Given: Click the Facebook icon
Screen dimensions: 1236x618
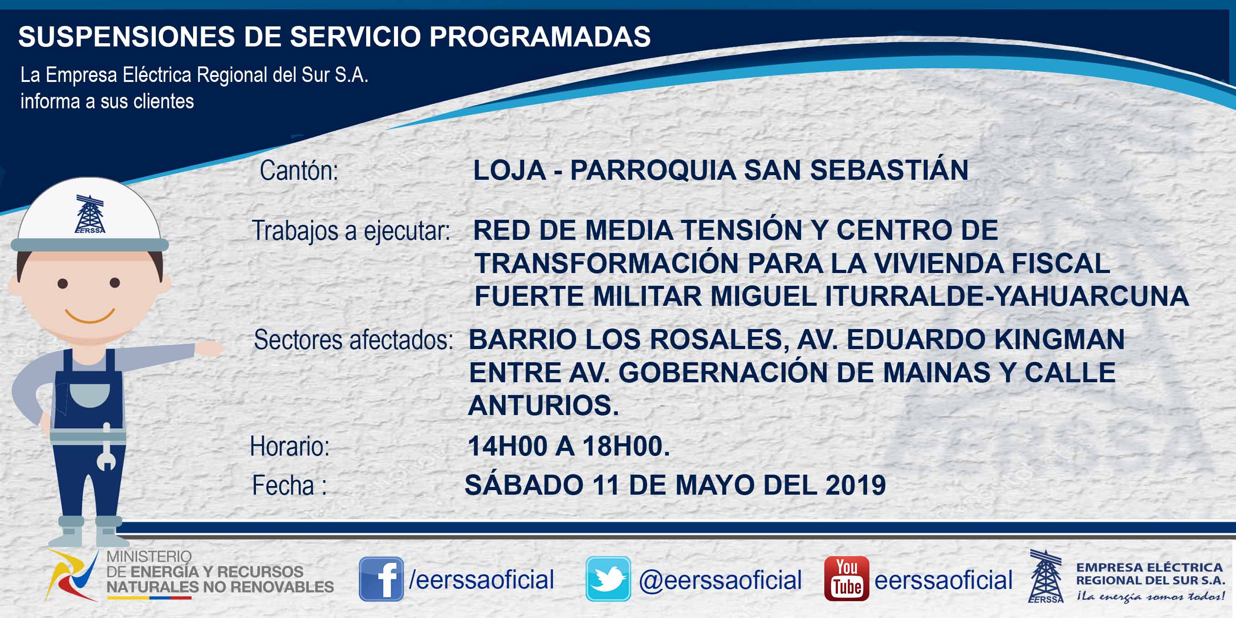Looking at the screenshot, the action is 381,579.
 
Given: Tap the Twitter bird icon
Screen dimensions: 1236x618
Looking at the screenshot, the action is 608,579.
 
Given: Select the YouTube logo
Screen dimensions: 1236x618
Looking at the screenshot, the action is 846,579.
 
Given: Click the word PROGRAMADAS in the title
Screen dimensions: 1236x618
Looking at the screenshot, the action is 540,36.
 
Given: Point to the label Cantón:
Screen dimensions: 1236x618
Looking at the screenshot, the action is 299,171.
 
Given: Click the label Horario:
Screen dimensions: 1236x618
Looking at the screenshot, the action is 290,446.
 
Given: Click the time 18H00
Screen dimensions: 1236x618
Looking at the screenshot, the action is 626,446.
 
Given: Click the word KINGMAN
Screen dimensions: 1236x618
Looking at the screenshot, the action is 1059,339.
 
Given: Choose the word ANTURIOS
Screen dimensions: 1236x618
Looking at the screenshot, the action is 544,405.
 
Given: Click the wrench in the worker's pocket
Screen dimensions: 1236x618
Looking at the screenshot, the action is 107,447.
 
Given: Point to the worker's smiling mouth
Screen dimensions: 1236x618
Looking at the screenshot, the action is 90,316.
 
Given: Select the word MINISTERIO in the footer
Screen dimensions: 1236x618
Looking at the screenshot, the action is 149,557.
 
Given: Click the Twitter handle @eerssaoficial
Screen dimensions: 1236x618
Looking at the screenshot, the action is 720,580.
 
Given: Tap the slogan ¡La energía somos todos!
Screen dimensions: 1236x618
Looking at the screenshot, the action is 1150,597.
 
